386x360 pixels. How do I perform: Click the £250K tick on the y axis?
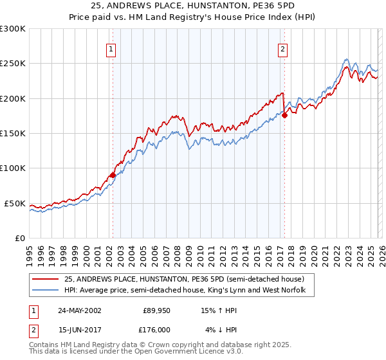13,64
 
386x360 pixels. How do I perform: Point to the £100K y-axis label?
13,168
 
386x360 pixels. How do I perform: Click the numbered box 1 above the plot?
112,48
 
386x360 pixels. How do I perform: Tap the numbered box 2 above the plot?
282,48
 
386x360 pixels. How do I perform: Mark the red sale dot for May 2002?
113,175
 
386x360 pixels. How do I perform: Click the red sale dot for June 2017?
284,115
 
